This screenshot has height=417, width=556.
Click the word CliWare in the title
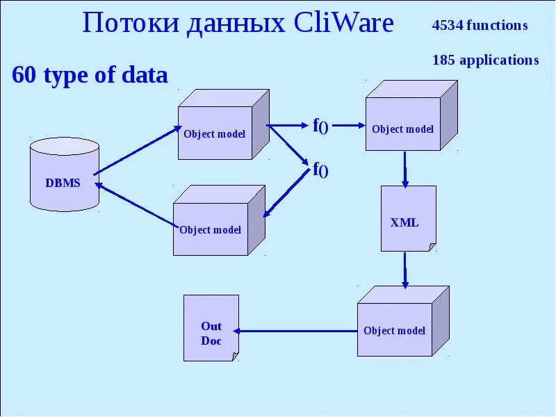(x=343, y=23)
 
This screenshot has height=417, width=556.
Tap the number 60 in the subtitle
(x=24, y=75)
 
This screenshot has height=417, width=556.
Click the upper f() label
(x=320, y=126)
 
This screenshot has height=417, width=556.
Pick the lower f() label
(x=320, y=169)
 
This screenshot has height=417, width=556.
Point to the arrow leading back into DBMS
(x=136, y=205)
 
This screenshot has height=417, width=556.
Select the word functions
(x=497, y=26)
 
